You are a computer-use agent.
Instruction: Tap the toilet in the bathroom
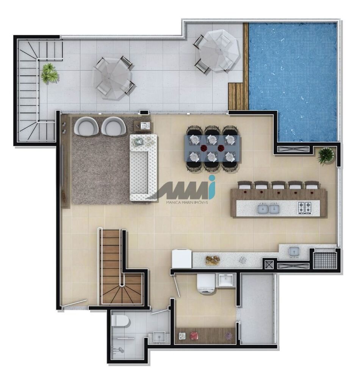coord(121,321)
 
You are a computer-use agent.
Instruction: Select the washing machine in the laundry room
coord(206,285)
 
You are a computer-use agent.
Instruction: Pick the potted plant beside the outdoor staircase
coord(50,73)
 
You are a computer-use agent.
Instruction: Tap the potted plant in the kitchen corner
coord(326,155)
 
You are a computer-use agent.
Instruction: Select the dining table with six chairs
coord(212,149)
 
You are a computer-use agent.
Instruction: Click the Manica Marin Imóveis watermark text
coord(187,202)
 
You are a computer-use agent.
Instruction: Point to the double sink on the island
coord(268,208)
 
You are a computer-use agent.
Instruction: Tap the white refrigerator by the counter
coord(182,259)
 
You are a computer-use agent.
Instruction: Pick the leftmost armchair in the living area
coord(86,126)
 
